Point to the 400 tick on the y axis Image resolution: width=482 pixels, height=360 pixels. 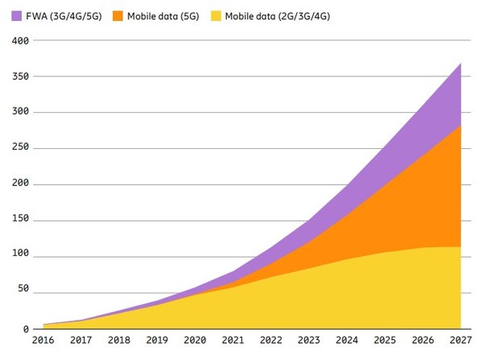[19, 40]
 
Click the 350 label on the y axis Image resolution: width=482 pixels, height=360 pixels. [19, 77]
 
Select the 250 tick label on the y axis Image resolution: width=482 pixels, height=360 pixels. [19, 148]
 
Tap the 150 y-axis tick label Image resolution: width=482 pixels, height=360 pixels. [19, 220]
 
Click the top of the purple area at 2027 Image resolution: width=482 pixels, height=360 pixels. [459, 63]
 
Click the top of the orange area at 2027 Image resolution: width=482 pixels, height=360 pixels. [459, 126]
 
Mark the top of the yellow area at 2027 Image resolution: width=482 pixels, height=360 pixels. [459, 247]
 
